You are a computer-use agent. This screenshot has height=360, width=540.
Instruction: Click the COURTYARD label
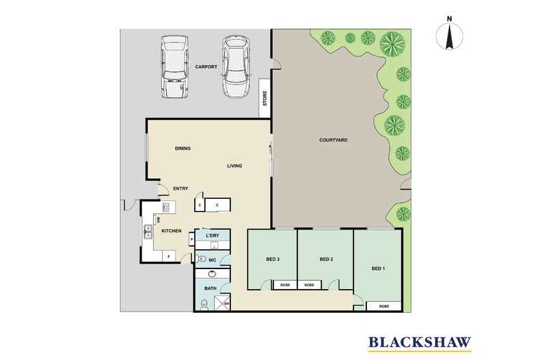click(334, 140)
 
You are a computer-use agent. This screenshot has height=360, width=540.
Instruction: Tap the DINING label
click(182, 148)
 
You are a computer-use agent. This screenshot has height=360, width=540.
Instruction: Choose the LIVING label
click(235, 166)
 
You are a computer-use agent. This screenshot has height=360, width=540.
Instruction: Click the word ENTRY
click(180, 188)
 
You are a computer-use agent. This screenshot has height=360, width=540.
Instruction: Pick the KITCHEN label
click(171, 231)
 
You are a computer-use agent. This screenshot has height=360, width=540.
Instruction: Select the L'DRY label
click(212, 236)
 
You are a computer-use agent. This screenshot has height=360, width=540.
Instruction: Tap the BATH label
click(211, 289)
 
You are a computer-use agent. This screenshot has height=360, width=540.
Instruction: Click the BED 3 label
click(273, 259)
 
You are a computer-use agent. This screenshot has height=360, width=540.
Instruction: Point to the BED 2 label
click(326, 259)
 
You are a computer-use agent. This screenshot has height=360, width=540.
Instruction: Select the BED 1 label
click(378, 268)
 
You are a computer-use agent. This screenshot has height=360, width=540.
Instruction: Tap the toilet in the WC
click(203, 259)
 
